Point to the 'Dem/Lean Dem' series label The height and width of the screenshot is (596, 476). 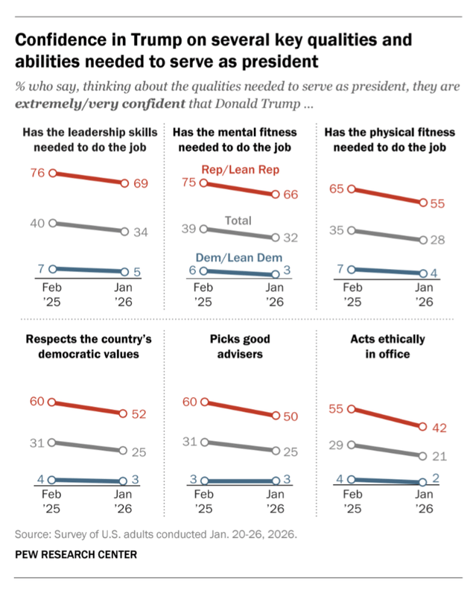pos(238,258)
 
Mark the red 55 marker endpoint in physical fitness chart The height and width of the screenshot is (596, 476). pos(423,203)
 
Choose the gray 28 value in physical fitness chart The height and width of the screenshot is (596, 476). pos(439,240)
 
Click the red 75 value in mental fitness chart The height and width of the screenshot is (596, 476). pos(189,182)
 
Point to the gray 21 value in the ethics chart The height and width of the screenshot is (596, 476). pos(439,455)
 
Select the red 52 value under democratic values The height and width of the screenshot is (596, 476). pos(139,415)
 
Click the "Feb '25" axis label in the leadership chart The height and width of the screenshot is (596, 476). pos(51,294)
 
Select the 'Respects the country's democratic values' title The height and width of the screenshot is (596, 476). pos(88,346)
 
